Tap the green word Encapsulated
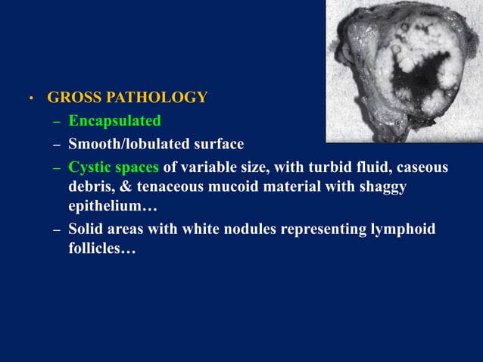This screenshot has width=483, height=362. (x=114, y=120)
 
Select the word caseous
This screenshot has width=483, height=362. (x=420, y=167)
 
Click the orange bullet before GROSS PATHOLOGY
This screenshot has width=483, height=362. (x=31, y=99)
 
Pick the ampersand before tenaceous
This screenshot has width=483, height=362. (x=122, y=186)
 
